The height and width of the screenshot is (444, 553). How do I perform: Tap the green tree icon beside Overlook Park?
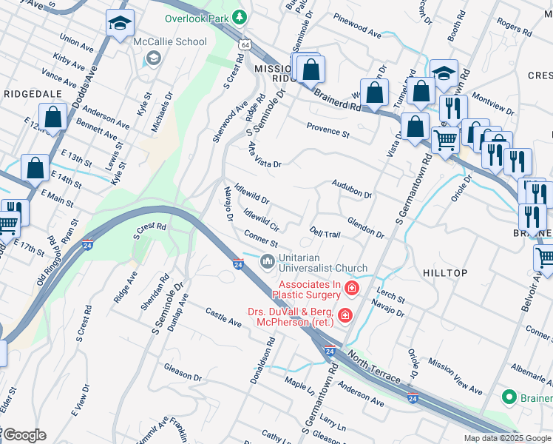tap(239, 16)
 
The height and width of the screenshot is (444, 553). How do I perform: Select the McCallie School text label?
tap(170, 41)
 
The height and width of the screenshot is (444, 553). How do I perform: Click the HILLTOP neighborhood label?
tap(445, 273)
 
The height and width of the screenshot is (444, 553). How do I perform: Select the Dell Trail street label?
tap(325, 232)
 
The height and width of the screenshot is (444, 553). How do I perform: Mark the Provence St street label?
tap(328, 131)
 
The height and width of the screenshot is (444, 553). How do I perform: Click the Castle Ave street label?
tap(223, 319)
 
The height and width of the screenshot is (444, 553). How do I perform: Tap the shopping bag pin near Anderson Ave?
tap(53, 117)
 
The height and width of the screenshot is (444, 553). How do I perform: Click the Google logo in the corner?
tap(24, 435)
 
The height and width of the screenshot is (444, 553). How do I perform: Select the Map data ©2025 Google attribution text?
tap(506, 438)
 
